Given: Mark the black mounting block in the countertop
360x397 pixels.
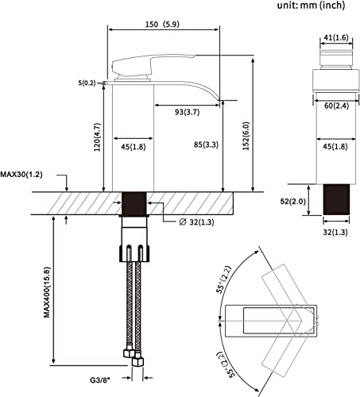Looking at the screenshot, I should [134, 205].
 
